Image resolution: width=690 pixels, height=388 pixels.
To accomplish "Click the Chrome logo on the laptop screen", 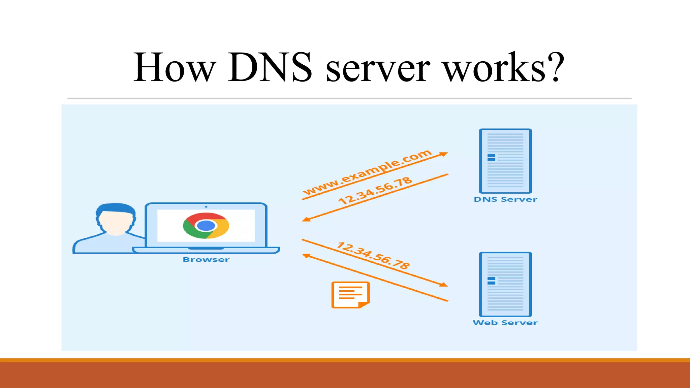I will click(206, 226).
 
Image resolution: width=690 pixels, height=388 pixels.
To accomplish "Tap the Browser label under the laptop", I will click(206, 260).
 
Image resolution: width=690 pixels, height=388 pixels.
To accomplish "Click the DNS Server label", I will click(505, 199).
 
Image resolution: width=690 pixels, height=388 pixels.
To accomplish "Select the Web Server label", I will click(505, 323).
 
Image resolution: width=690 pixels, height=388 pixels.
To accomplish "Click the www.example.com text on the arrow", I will click(367, 172).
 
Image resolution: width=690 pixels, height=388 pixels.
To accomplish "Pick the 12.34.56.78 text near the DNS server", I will click(375, 190).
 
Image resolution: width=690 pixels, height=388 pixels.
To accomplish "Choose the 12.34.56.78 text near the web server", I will click(373, 256).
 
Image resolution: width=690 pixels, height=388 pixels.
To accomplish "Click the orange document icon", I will click(350, 295).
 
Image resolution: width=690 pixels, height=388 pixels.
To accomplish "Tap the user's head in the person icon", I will click(116, 219).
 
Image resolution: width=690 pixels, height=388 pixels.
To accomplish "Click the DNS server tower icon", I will click(505, 161).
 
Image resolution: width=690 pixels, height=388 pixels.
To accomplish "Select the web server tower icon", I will click(505, 284).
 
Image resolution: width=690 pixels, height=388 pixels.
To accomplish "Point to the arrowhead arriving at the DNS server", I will click(444, 154).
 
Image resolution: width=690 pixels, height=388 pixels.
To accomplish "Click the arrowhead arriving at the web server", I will click(444, 285).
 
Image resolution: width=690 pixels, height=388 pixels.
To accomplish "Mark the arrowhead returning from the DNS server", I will click(306, 220).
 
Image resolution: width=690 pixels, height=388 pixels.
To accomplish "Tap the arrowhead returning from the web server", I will click(306, 256).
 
